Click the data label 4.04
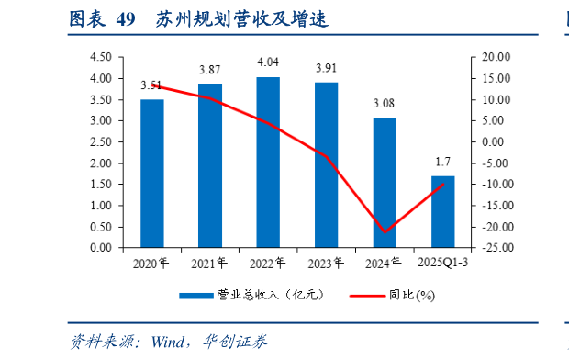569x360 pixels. pos(268,62)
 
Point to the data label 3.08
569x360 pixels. pos(385,103)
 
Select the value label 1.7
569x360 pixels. pos(442,162)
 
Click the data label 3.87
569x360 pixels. pos(210,70)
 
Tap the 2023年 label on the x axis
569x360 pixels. pos(326,264)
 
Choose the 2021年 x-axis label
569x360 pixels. pos(210,264)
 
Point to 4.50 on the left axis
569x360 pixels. pos(101,57)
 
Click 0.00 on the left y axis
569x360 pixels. pos(101,248)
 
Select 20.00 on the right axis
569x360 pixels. pos(494,57)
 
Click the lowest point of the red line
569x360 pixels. pos(385,232)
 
